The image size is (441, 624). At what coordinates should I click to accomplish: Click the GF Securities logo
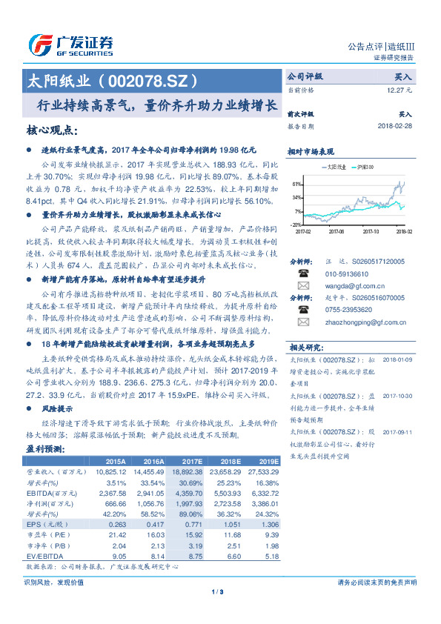[70, 45]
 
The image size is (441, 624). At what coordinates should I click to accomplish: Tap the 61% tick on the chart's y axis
[296, 184]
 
